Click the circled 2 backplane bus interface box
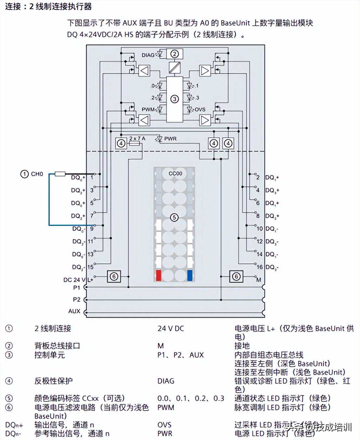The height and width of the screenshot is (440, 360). coord(174,54)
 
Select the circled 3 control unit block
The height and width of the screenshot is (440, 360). coord(174,99)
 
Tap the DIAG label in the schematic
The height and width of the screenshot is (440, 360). coord(148,55)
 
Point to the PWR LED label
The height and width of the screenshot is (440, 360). coord(170,139)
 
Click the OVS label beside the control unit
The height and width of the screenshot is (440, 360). coord(200,110)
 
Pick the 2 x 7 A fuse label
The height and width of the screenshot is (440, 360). coord(137,138)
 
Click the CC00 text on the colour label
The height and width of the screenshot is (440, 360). coord(175,174)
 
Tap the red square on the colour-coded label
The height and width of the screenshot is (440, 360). coord(159,276)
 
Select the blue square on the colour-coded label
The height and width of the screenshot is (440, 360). coord(190,276)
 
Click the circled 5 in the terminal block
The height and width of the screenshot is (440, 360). coord(174,217)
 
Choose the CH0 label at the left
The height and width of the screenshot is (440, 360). coord(37,174)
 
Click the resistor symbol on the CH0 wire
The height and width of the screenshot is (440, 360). coord(60,174)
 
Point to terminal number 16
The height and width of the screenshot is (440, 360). coord(259,267)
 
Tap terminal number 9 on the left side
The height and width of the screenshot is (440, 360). coord(92,229)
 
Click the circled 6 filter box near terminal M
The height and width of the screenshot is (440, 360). coord(236,277)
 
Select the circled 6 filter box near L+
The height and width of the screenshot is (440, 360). coord(114,277)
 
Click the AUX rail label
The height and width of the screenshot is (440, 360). coord(74,311)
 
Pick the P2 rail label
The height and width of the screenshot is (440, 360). coord(76,299)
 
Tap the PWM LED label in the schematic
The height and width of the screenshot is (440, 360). coord(148,110)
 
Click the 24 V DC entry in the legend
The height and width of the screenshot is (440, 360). coord(171,329)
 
